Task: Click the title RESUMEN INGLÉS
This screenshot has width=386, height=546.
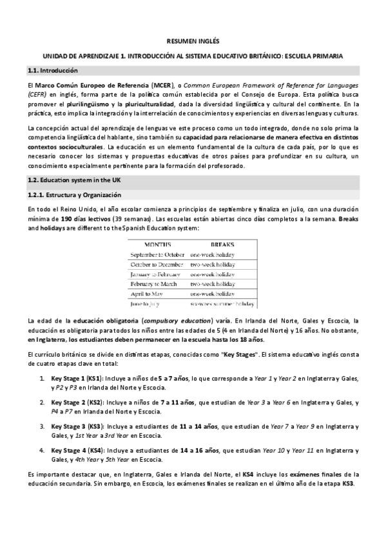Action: point(193,39)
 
